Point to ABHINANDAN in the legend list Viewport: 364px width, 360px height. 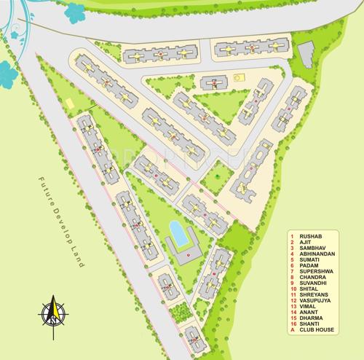[x=318, y=255]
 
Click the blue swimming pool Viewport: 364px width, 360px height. [x=177, y=233]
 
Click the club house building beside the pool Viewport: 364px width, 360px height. [x=189, y=251]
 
